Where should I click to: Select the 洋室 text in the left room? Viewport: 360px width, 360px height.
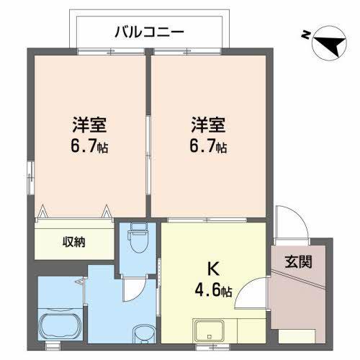pyautogui.click(x=89, y=124)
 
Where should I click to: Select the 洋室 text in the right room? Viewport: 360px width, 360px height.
pyautogui.click(x=209, y=124)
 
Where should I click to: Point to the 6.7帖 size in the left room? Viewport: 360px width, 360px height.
pyautogui.click(x=90, y=148)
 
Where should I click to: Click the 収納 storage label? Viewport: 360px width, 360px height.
pyautogui.click(x=73, y=242)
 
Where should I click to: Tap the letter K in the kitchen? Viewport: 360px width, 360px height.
pyautogui.click(x=213, y=271)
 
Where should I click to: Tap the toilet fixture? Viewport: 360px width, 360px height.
pyautogui.click(x=138, y=236)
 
